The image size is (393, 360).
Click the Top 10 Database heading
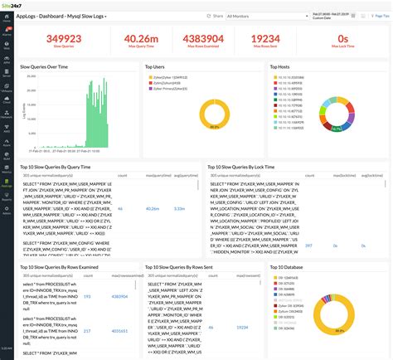[x=288, y=267]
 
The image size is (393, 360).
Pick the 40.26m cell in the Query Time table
[x=152, y=208]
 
